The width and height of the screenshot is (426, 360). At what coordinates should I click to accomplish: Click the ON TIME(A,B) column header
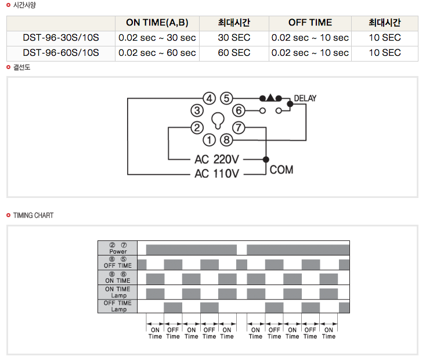point(157,23)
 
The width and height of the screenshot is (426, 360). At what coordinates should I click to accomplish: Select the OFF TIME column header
point(310,22)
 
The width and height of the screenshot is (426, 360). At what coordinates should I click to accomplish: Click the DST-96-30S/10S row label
point(61,38)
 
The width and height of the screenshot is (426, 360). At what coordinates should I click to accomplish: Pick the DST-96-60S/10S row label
point(61,53)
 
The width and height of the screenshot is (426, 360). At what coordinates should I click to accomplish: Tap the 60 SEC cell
point(234,53)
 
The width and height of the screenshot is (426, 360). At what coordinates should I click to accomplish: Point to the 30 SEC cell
point(234,38)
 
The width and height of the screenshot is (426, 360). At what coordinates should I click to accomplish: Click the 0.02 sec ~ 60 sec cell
point(157,53)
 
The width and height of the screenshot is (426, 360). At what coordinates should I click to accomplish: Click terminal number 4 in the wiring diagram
point(209,98)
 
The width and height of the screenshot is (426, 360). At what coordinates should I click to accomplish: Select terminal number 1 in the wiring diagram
point(209,140)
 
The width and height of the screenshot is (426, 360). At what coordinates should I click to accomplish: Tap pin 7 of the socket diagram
point(239,128)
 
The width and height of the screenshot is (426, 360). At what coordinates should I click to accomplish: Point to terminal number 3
point(197,111)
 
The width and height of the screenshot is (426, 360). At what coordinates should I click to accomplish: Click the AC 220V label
point(217,159)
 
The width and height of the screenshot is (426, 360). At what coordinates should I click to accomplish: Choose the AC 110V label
point(217,174)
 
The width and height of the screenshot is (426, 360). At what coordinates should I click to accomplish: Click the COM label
point(281,170)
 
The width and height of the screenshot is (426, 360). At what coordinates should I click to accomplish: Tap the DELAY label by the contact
point(305,98)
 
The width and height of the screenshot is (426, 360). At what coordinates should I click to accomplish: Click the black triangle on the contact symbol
point(270,98)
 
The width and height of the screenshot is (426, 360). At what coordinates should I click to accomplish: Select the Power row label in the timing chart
point(118,251)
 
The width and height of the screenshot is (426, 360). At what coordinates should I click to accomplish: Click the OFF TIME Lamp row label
point(118,306)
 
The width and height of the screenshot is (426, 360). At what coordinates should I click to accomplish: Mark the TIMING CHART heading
point(33,215)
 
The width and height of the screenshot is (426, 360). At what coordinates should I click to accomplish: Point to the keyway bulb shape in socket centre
point(218,120)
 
